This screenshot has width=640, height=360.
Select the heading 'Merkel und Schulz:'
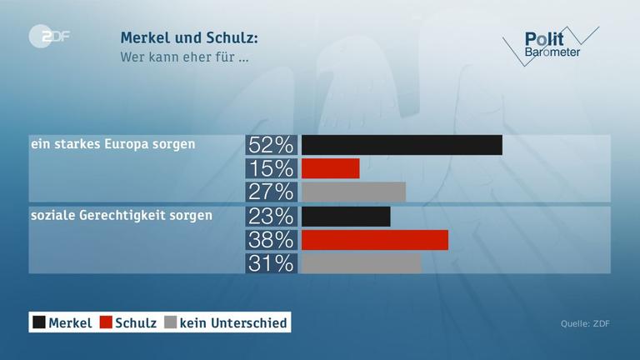189,38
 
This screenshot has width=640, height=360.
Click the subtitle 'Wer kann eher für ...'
184,57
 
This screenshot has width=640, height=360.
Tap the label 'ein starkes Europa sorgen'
112,144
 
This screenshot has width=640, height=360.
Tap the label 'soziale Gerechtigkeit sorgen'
121,215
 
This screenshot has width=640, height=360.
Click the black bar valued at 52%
402,144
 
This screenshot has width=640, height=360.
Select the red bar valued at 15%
330,168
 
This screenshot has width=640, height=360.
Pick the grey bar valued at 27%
353,192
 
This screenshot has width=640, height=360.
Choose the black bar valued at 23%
346,217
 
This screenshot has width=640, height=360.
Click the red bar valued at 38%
374,240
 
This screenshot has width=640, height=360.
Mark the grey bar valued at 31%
361,263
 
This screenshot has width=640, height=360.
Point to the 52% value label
271,144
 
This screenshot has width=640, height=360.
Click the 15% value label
271,168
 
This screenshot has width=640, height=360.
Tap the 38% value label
271,240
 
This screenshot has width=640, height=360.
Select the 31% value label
271,263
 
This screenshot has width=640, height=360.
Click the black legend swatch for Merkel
38,322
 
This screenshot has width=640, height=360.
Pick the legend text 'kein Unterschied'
233,322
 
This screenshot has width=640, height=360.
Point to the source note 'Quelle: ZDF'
584,323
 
